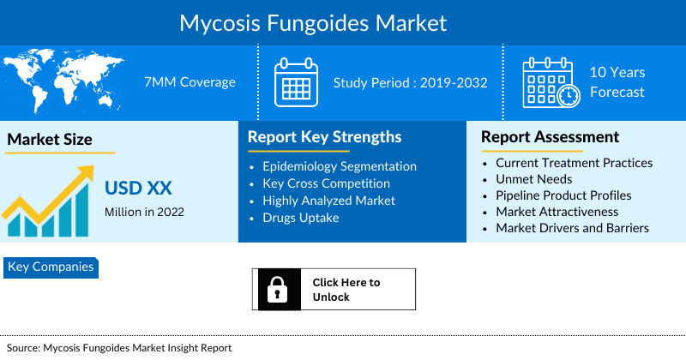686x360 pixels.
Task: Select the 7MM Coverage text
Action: pos(190,82)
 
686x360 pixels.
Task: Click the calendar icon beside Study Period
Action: pos(296,82)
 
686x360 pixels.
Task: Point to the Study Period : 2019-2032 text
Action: pos(410,83)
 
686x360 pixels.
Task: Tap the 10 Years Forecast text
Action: pos(617,82)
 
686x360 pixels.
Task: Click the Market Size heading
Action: pos(50,139)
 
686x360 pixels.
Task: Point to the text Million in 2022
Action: pos(144,211)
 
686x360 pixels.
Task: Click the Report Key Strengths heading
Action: pos(324,137)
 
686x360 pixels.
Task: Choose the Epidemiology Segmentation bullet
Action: pos(340,166)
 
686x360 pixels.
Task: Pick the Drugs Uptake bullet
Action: pos(300,218)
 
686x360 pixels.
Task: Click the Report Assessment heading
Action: pos(550,137)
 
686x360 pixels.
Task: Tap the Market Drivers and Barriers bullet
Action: pos(572,228)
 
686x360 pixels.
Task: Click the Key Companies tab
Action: pos(51,267)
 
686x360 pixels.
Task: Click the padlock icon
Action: pos(276,290)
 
